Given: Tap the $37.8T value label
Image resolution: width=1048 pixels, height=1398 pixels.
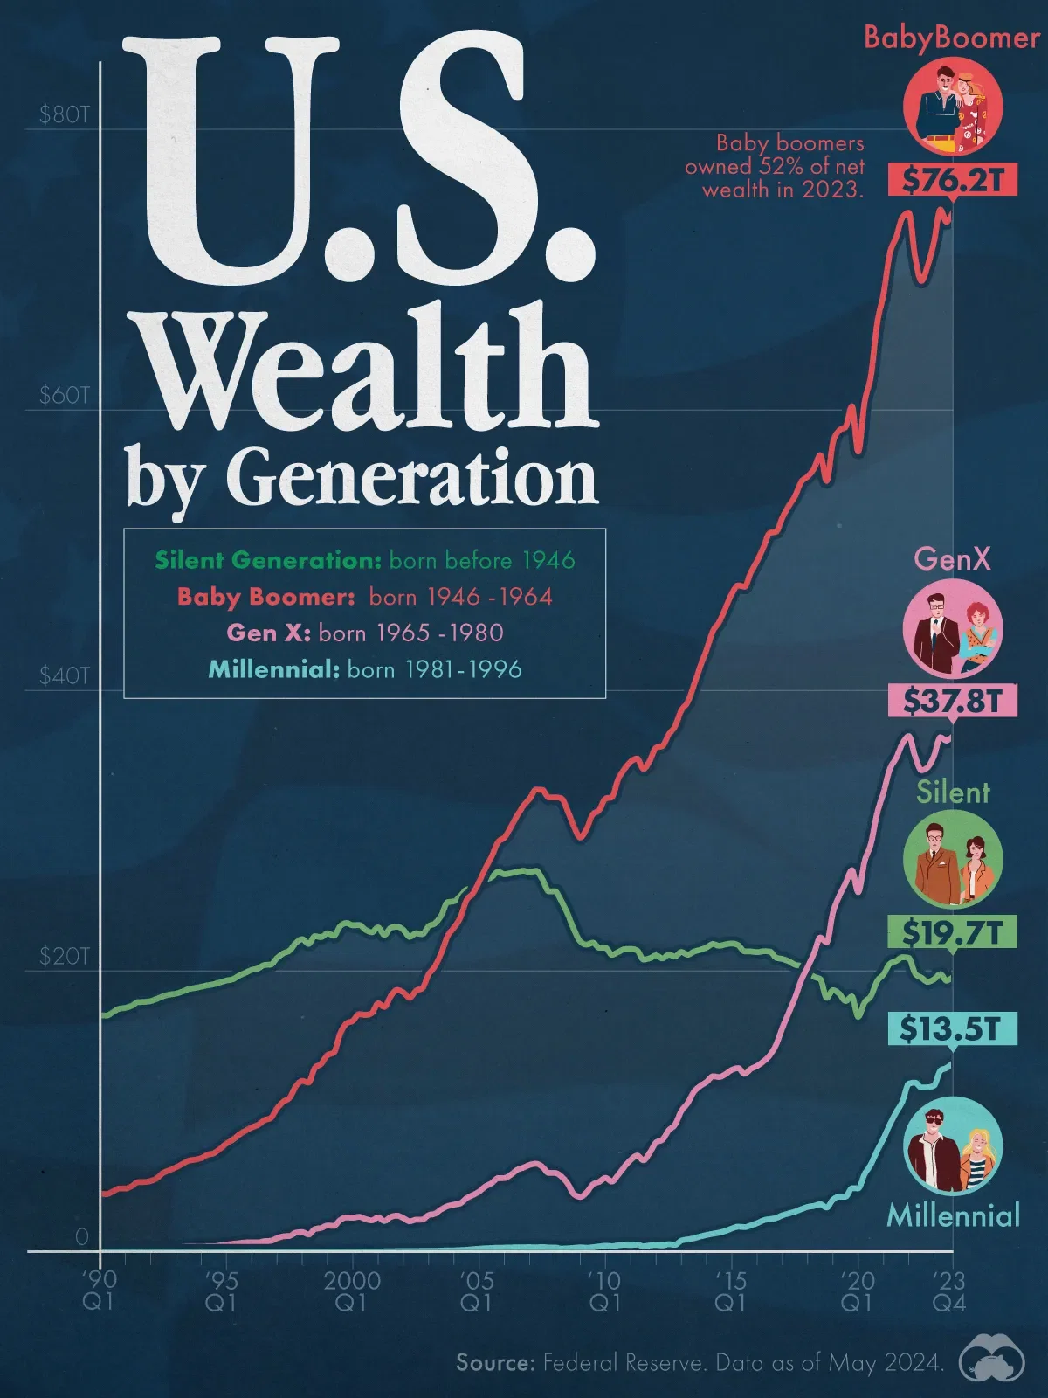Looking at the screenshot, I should click(x=953, y=700).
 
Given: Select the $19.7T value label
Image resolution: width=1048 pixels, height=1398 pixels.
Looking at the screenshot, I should click(x=953, y=932).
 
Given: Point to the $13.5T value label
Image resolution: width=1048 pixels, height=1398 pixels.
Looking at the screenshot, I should click(x=953, y=1028).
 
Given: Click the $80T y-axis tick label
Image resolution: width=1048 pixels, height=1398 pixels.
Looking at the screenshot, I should click(x=64, y=116).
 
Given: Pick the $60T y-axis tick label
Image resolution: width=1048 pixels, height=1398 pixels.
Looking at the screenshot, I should click(x=64, y=396).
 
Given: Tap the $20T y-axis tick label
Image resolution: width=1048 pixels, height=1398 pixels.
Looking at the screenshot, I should click(x=64, y=957).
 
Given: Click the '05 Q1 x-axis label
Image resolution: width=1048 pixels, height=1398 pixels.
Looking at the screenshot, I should click(x=476, y=1291).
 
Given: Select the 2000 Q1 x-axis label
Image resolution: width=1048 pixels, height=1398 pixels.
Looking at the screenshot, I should click(x=352, y=1291).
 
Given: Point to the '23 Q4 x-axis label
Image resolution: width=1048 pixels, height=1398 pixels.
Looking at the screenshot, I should click(x=948, y=1291).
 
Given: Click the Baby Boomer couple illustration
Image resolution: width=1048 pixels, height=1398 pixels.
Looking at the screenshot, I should click(x=953, y=106).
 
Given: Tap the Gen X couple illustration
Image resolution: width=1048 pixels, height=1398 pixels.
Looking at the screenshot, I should click(x=953, y=629).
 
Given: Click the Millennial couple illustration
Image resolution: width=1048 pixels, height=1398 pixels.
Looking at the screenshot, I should click(x=953, y=1146).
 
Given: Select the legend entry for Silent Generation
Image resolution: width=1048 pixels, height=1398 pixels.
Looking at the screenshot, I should click(x=364, y=560).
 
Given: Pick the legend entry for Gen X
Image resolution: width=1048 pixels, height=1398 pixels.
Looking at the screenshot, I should click(x=364, y=633).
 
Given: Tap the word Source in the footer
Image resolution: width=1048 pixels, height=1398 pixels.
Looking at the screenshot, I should click(x=494, y=1362).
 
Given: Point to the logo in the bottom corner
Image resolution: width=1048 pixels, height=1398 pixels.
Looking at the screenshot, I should click(x=992, y=1361).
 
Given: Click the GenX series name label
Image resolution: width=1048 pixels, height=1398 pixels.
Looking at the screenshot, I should click(x=953, y=558).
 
